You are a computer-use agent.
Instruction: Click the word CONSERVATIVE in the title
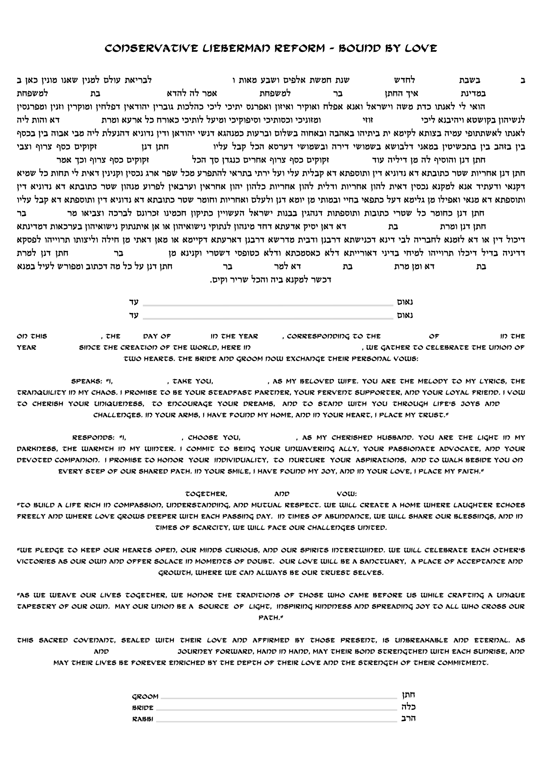coord(151,48)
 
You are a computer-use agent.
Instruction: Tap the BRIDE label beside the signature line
coord(143,708)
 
